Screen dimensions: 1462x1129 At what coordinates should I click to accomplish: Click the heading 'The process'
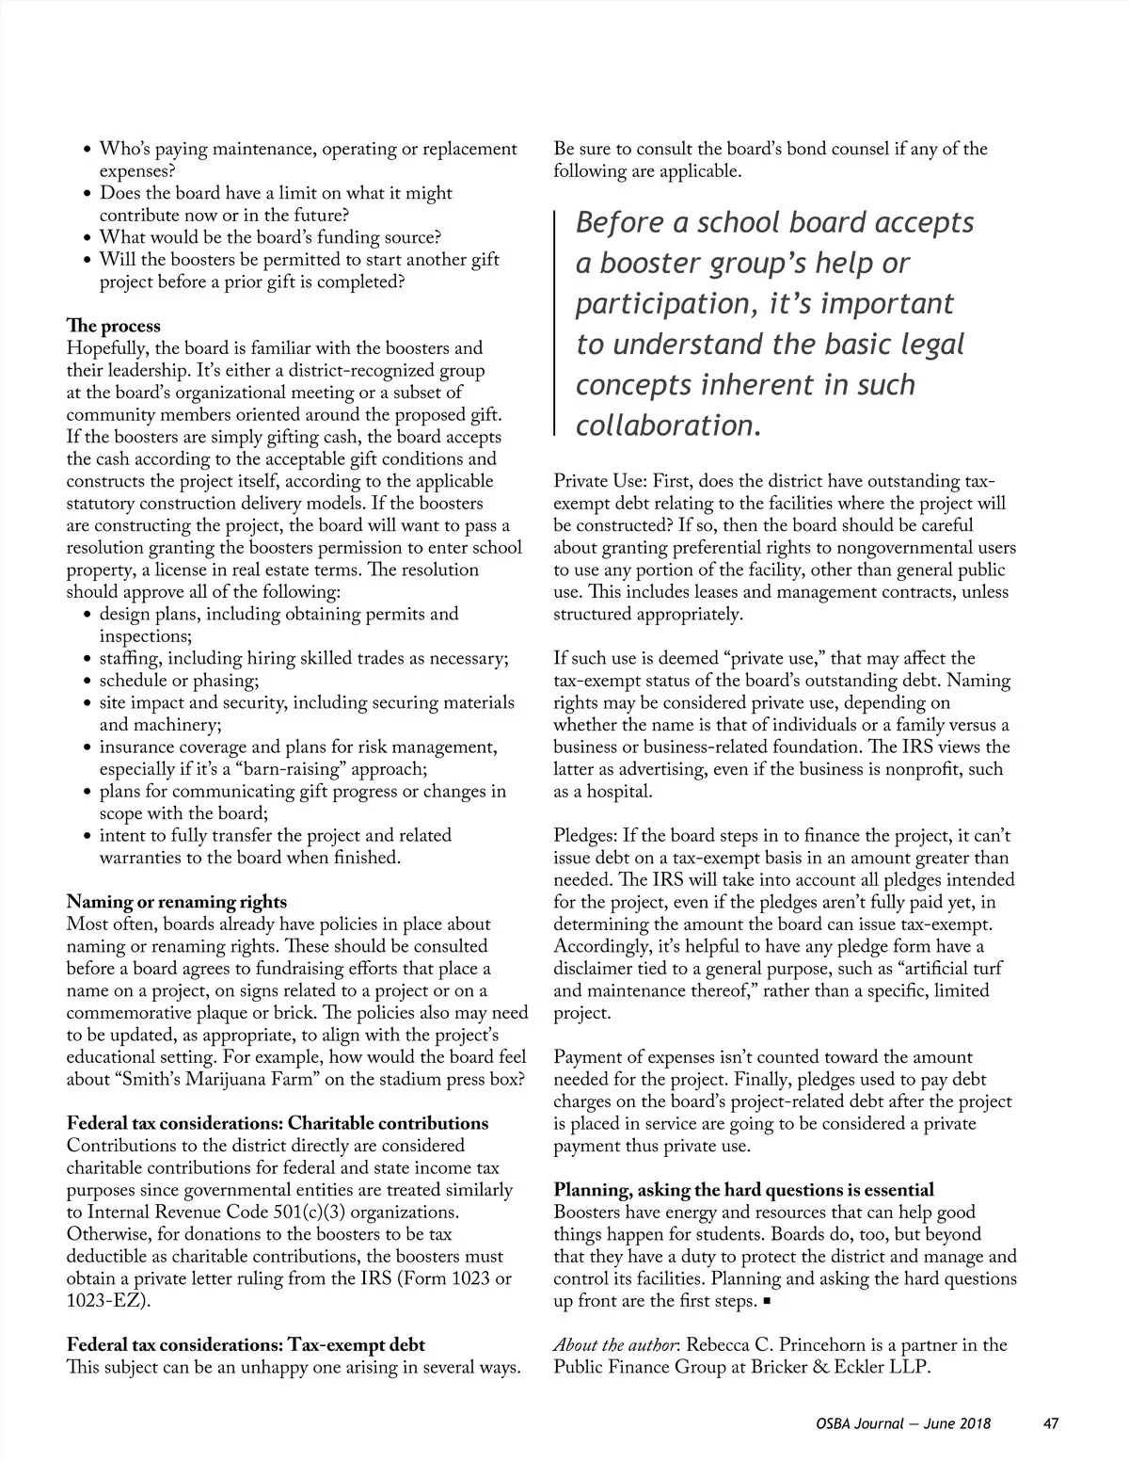[113, 327]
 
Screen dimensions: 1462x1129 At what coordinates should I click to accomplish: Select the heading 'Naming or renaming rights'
[177, 902]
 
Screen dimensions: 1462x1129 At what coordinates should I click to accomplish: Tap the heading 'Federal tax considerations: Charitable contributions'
[278, 1123]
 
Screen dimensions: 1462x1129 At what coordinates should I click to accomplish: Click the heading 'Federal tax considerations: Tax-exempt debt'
[246, 1344]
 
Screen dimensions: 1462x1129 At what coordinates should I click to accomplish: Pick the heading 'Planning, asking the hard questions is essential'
[743, 1190]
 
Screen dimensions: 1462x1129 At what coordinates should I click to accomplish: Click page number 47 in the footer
[1051, 1423]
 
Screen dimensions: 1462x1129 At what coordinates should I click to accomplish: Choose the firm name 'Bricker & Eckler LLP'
[840, 1367]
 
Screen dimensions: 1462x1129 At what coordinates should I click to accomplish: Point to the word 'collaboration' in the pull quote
[664, 426]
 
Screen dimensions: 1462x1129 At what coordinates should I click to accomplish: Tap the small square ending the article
[768, 1302]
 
